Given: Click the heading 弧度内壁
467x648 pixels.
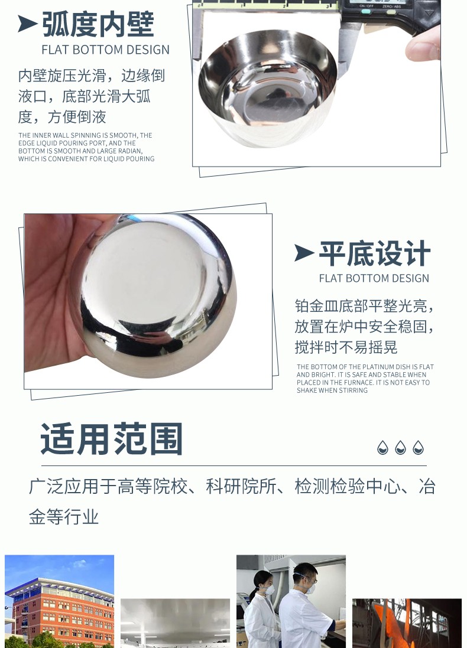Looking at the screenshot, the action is click(x=98, y=25).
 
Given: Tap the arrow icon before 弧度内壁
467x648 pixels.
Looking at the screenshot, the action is click(x=27, y=24).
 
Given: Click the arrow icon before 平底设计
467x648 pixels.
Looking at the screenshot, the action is click(x=304, y=253).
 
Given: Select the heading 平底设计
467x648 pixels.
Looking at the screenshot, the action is click(x=375, y=254).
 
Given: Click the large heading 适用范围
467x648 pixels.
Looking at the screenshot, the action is click(x=112, y=439).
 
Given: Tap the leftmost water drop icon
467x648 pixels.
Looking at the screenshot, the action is click(x=382, y=447).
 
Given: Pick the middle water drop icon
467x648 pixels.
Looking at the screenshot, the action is click(x=400, y=447).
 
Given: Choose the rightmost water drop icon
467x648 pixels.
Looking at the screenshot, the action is click(x=418, y=447).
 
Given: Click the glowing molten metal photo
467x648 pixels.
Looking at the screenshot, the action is click(x=407, y=623).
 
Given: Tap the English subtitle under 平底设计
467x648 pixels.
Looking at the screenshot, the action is click(x=374, y=279).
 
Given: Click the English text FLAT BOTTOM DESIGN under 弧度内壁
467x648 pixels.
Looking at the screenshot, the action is click(x=105, y=50).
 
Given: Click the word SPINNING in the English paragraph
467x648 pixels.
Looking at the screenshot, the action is click(x=87, y=135).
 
